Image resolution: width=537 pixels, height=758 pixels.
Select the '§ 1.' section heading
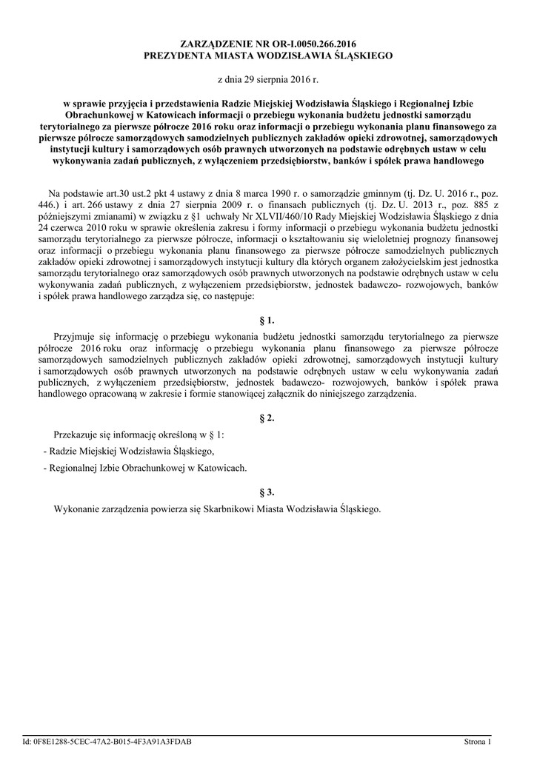click(267, 321)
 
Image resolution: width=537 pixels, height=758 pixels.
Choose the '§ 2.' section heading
click(267, 418)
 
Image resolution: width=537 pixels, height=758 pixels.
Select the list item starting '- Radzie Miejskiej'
click(129, 452)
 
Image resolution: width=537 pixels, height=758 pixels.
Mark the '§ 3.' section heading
click(267, 492)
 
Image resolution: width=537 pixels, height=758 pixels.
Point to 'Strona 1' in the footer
click(478, 741)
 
